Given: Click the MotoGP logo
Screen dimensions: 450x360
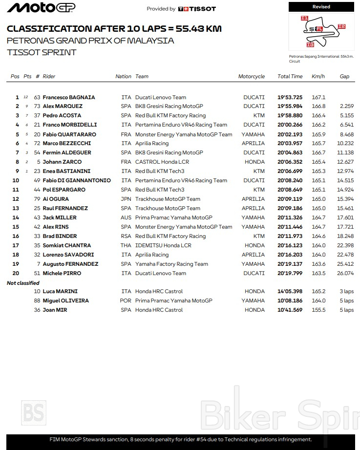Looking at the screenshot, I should click(x=41, y=8).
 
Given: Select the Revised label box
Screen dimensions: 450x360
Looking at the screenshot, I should click(x=321, y=7).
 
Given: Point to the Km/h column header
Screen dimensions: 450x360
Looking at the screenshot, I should click(x=318, y=76).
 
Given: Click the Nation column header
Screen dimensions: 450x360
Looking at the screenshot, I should click(x=124, y=76).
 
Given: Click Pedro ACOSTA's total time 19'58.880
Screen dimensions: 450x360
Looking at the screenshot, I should click(x=290, y=116).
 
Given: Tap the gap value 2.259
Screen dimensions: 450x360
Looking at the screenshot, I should click(x=346, y=107).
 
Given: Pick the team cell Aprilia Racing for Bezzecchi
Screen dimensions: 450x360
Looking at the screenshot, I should click(x=152, y=144).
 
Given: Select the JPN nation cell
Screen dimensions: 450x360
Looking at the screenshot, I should click(x=126, y=199).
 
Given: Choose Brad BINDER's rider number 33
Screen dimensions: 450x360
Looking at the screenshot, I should click(x=37, y=236).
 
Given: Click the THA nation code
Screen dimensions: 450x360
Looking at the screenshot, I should click(x=126, y=246).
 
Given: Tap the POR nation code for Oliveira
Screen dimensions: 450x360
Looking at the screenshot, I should click(x=126, y=301).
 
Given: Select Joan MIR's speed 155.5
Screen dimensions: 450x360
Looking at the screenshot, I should click(x=318, y=310).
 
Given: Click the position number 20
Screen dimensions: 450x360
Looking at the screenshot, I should click(x=16, y=274).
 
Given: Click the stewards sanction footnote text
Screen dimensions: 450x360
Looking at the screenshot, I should click(x=181, y=440).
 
